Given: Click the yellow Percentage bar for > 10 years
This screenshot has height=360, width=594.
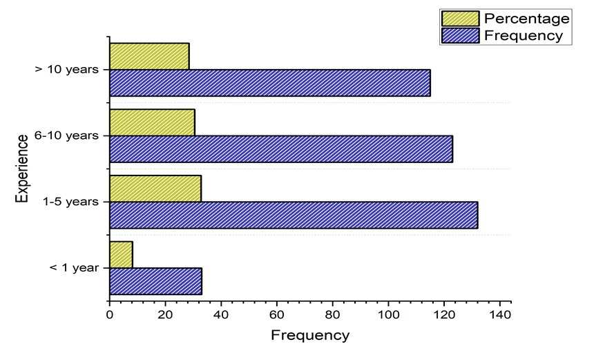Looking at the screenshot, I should [x=149, y=56].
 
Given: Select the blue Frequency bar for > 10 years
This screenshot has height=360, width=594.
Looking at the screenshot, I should [x=269, y=83].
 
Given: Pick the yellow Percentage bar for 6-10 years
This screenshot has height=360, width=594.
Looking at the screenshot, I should [x=152, y=122].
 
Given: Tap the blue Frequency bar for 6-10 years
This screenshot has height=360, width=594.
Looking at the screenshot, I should [x=280, y=149].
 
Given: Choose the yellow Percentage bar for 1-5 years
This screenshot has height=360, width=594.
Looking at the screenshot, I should [x=155, y=189].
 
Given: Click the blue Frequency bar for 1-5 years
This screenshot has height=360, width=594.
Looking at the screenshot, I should [x=293, y=215].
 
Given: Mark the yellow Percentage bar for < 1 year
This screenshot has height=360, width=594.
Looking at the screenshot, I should [x=121, y=255].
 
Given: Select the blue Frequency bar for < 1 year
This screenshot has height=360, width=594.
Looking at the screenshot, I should [x=155, y=281].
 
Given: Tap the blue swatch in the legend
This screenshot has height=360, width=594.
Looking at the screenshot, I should [x=460, y=35].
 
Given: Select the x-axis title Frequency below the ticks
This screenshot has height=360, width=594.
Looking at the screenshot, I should [x=310, y=337].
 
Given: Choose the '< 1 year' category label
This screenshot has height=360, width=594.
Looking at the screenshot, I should [x=75, y=268].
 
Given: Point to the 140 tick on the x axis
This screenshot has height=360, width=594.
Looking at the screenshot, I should [x=500, y=315].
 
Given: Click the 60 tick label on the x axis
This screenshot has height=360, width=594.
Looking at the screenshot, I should [x=276, y=315].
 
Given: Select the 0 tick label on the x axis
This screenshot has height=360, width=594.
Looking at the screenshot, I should [x=109, y=315].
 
